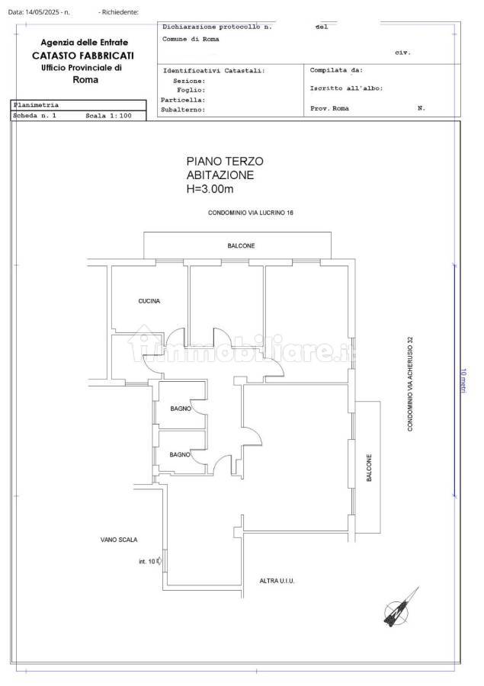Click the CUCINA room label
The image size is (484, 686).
click(x=149, y=301)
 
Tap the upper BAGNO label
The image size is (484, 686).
click(x=181, y=409)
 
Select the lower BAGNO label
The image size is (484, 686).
click(x=180, y=455)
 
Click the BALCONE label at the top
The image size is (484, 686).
click(x=241, y=246)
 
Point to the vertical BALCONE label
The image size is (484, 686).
click(x=369, y=468)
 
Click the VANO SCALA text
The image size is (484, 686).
click(x=119, y=540)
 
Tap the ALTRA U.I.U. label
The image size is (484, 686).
click(x=277, y=581)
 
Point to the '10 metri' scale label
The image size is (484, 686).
click(x=463, y=380)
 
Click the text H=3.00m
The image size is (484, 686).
click(x=210, y=189)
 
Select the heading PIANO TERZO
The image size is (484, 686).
click(x=225, y=162)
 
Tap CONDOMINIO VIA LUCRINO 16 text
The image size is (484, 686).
click(x=251, y=213)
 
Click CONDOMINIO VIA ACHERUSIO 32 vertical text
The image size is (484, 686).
click(x=410, y=383)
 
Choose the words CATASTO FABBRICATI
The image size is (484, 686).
click(x=83, y=56)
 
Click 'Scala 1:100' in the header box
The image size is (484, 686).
click(x=108, y=116)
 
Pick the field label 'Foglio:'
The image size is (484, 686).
click(x=191, y=90)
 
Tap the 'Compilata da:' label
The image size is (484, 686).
click(x=337, y=70)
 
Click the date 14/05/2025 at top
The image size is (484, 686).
click(x=42, y=12)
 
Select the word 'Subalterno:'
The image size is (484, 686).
click(x=183, y=110)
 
